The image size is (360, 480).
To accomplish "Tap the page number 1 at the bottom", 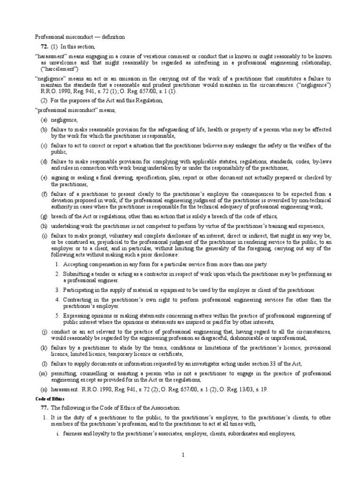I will click(183, 455).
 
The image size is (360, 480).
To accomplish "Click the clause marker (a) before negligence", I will click(43, 120).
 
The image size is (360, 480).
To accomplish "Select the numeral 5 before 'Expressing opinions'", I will click(57, 315).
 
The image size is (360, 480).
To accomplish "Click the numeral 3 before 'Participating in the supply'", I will click(57, 290).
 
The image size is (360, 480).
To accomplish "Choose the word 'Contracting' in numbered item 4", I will click(79, 299).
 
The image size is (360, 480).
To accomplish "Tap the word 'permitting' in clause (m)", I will click(65, 373).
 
